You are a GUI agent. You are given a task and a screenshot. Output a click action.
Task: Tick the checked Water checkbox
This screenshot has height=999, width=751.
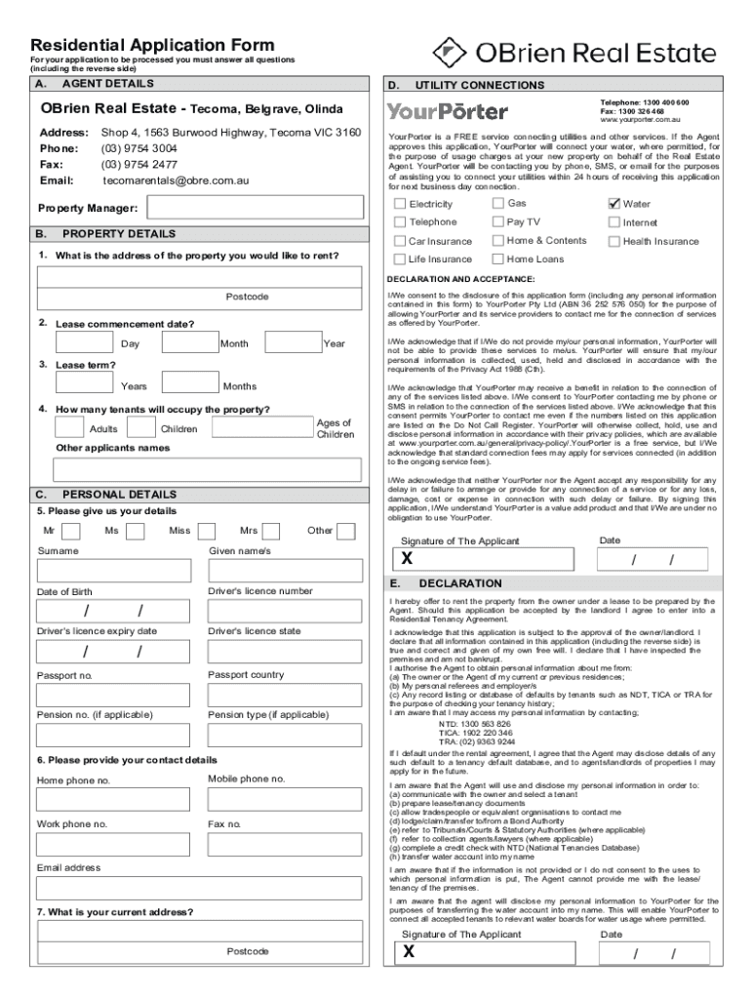614,204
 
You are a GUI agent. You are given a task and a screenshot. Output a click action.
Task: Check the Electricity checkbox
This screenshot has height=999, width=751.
400,204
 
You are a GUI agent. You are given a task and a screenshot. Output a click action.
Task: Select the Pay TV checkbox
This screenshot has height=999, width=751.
498,222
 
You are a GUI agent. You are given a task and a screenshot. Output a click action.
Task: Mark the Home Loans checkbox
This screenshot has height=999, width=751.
498,260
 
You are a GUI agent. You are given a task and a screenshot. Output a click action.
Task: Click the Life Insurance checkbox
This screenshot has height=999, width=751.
400,260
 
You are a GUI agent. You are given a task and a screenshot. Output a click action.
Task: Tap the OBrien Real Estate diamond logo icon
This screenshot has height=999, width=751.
449,50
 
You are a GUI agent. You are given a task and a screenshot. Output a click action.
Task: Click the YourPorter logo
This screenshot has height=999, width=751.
448,111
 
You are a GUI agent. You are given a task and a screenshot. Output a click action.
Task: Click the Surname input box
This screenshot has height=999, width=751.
114,571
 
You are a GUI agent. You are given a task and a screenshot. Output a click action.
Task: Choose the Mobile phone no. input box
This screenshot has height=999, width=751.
287,800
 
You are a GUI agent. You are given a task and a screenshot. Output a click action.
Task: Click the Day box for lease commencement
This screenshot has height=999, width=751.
85,343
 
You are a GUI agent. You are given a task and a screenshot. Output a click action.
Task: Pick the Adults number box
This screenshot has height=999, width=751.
69,428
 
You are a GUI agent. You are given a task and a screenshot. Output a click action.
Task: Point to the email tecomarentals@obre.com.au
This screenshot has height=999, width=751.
176,180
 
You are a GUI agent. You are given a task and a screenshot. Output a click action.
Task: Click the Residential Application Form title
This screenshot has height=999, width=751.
152,46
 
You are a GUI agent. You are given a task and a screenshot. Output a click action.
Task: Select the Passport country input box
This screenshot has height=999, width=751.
287,695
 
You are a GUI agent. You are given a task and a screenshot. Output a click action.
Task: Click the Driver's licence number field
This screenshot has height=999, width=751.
287,611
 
